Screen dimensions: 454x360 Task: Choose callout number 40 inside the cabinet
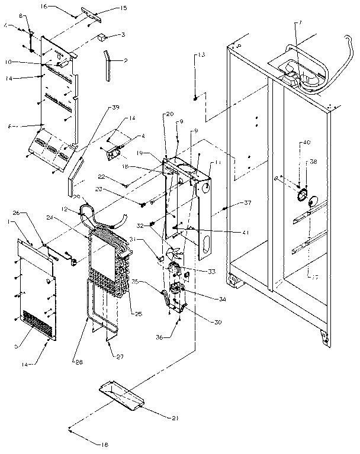pos(306,142)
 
